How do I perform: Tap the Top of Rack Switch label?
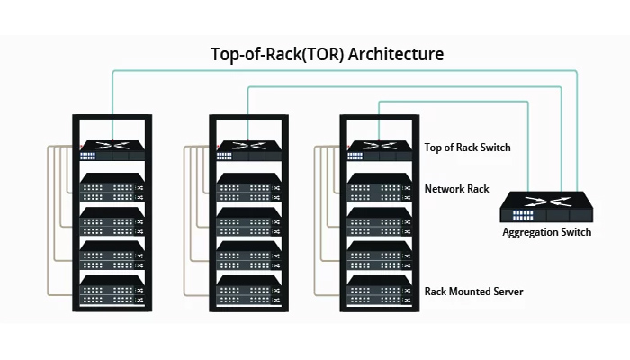[x=468, y=146]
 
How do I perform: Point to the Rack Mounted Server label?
[x=473, y=292]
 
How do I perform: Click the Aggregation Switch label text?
[x=546, y=232]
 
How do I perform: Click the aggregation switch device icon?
[x=546, y=208]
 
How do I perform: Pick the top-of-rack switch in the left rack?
[x=113, y=148]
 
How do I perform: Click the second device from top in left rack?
[x=113, y=186]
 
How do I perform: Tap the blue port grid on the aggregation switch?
[x=522, y=216]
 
